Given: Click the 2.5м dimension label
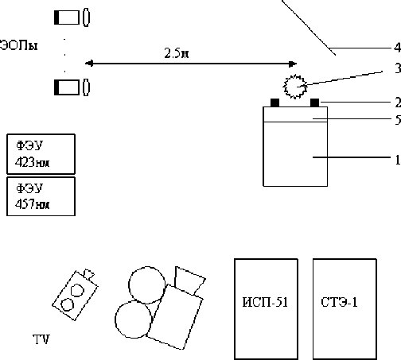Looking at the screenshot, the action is pos(177,53).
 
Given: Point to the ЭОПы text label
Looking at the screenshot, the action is pos(18,45).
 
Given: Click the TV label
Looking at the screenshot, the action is pos(41,339).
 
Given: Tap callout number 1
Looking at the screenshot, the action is pos(398,160).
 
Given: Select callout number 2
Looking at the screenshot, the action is pos(398,103).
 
